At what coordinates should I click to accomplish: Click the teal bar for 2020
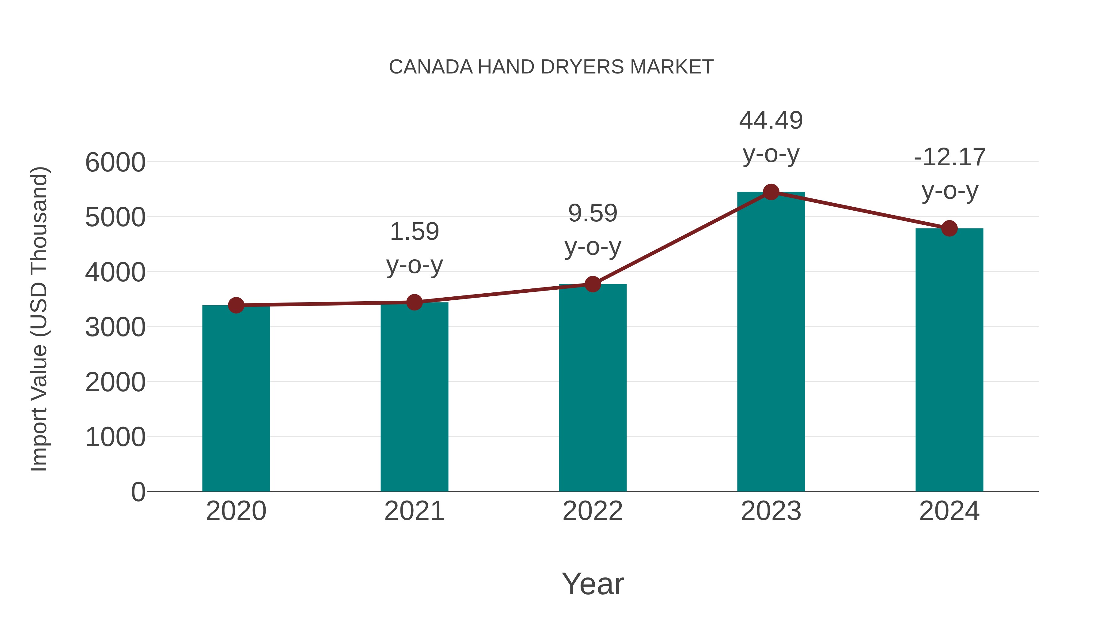pos(236,398)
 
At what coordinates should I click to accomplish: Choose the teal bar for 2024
pos(949,359)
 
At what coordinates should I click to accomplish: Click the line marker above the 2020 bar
pos(236,305)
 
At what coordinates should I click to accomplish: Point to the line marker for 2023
pos(771,192)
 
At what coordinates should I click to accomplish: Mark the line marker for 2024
pos(949,228)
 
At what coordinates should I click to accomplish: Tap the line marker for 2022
pos(593,284)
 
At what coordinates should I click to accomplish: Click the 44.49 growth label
pos(771,120)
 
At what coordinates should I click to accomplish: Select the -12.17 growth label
pos(949,157)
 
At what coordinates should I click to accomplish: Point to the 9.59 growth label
pos(593,213)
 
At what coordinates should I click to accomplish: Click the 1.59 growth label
pos(414,231)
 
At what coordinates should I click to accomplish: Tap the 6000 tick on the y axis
pos(115,163)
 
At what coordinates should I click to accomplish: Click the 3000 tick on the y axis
pos(115,327)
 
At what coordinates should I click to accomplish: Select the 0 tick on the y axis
pos(138,492)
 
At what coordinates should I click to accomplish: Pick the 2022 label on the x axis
pos(593,511)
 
